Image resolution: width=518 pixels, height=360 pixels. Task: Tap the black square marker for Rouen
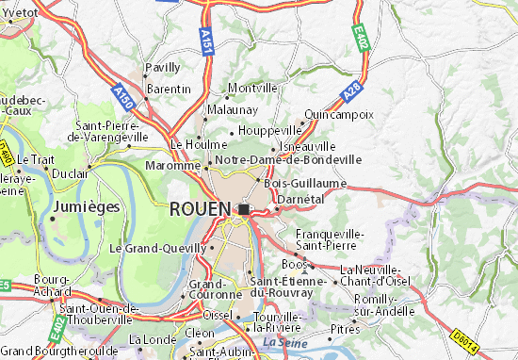click(245, 209)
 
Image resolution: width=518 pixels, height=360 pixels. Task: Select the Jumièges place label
click(87, 205)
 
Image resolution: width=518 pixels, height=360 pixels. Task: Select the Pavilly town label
click(161, 68)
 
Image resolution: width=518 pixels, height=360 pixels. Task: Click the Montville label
click(253, 88)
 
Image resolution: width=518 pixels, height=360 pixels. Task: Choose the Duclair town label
click(70, 174)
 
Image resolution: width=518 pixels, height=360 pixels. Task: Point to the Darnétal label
click(300, 199)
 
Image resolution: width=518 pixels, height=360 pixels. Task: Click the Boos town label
click(295, 264)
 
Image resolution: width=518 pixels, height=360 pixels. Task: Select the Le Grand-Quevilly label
click(156, 249)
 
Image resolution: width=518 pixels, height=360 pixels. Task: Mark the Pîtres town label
click(345, 330)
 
